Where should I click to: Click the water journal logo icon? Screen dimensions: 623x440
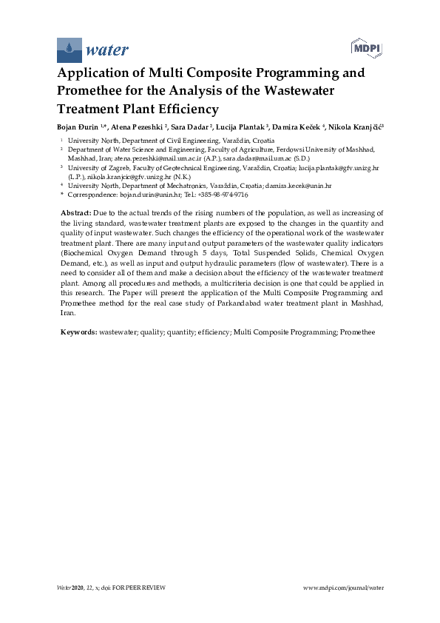70,50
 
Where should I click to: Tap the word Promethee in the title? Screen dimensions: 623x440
95,91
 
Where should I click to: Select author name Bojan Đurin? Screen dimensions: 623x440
79,127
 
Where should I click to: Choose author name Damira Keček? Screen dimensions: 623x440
299,127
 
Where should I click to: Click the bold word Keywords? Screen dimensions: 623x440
78,332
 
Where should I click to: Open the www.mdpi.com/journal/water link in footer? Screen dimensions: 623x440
344,587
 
